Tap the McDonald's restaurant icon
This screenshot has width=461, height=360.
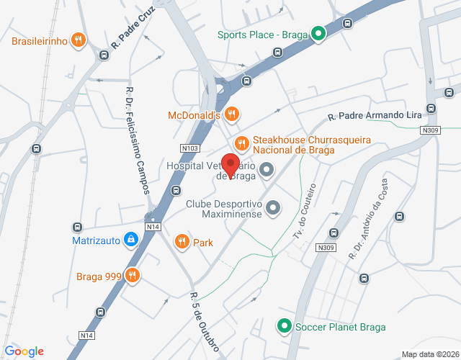click(231, 114)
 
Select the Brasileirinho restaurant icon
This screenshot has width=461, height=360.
click(79, 40)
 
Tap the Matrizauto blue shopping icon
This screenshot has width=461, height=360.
click(131, 240)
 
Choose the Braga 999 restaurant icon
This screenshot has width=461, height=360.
click(132, 274)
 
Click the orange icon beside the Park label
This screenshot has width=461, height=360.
click(182, 242)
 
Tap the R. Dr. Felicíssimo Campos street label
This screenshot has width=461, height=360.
click(138, 140)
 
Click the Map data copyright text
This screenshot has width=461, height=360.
click(429, 354)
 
